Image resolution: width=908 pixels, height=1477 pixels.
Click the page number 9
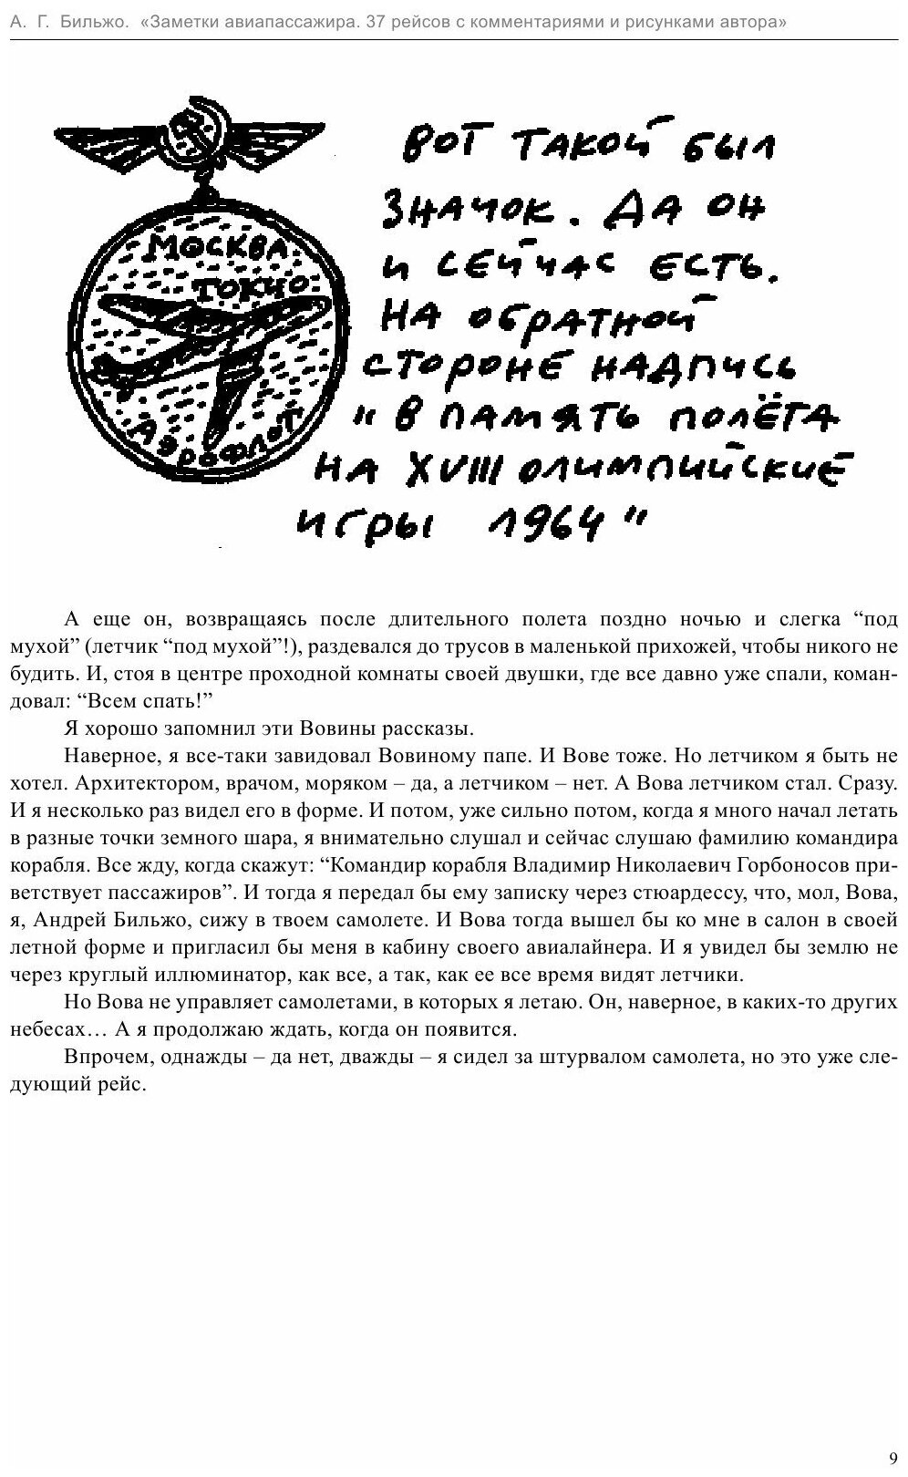click(893, 1457)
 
